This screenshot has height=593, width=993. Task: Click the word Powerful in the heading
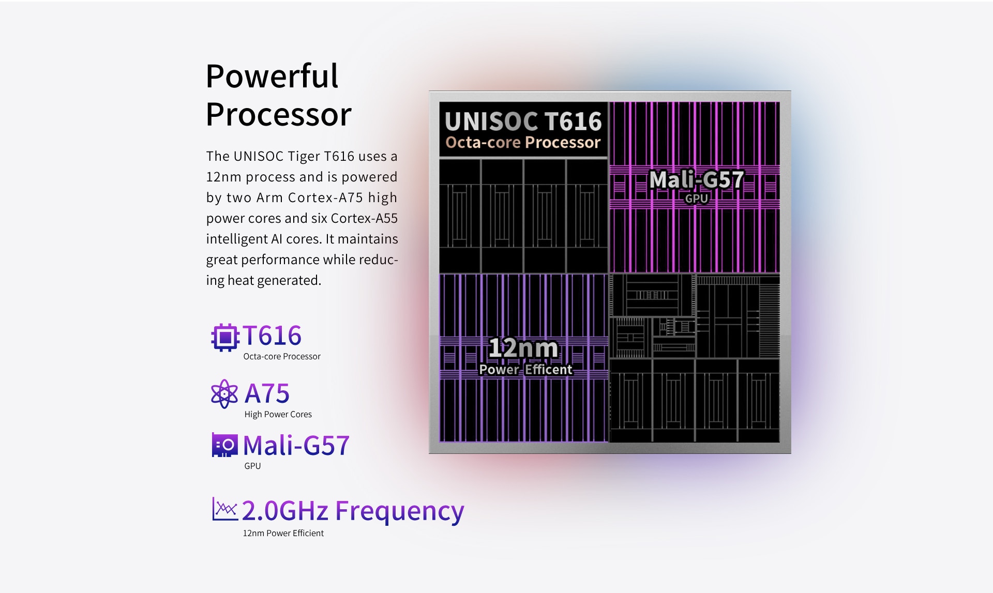[272, 76]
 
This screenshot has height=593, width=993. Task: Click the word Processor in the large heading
[279, 114]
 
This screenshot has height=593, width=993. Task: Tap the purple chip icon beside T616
[225, 337]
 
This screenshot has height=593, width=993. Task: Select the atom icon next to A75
[224, 394]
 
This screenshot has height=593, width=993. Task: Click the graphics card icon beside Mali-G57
[225, 445]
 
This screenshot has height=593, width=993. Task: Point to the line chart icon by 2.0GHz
[225, 509]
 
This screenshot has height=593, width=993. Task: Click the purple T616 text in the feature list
[272, 336]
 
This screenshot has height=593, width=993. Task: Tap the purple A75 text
[267, 393]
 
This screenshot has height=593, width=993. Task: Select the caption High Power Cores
[278, 414]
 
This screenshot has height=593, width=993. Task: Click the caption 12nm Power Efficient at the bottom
[283, 533]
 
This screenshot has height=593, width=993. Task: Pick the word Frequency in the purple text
[400, 511]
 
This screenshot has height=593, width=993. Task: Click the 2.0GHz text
[285, 510]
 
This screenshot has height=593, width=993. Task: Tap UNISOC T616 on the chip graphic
[523, 121]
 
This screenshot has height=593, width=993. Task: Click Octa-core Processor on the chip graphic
[523, 142]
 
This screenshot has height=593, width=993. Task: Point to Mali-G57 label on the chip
[697, 180]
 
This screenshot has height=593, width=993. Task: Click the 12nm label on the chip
[523, 348]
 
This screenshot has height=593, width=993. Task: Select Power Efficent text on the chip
[525, 370]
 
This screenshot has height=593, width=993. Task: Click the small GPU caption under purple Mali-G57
[252, 466]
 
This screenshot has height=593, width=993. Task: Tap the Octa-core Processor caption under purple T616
[282, 356]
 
